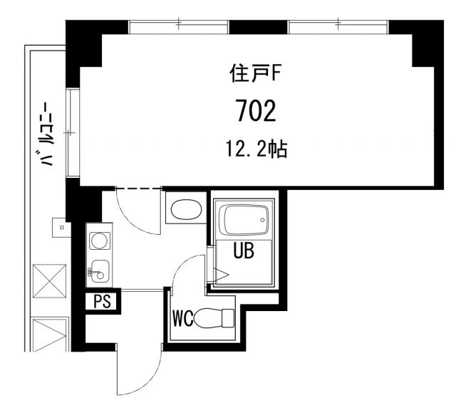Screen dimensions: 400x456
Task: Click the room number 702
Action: (x=255, y=112)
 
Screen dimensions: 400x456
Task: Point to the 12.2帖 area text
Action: (x=256, y=149)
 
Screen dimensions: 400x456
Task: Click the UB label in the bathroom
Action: (x=243, y=251)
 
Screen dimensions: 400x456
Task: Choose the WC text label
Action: (x=182, y=317)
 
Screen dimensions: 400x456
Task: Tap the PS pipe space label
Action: (x=103, y=301)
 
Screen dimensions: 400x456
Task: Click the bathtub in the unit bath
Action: (x=244, y=221)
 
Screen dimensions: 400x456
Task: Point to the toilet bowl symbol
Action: (x=214, y=317)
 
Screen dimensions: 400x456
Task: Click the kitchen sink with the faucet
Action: (x=99, y=270)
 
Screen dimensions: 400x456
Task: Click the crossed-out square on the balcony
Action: (x=49, y=279)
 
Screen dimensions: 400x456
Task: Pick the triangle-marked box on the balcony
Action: (x=49, y=334)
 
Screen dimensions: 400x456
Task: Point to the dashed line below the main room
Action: (x=138, y=189)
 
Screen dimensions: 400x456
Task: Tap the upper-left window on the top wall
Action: (x=178, y=26)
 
